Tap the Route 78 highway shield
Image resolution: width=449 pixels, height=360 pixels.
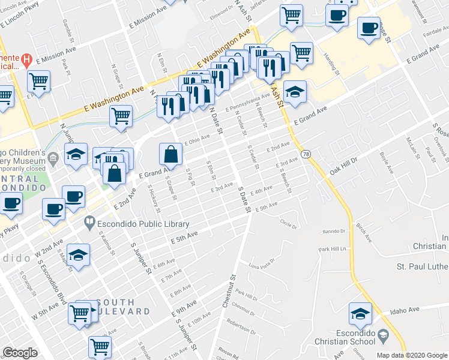coord(306,154)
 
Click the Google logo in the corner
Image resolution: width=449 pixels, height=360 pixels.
coord(20,352)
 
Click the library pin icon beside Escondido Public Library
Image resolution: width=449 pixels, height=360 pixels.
coord(89,223)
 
